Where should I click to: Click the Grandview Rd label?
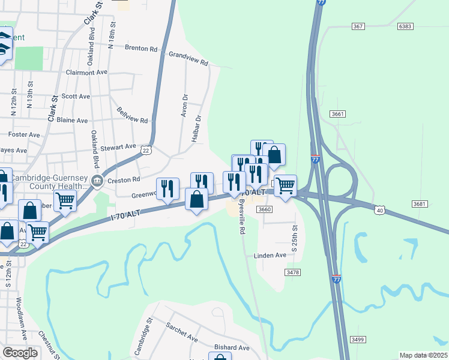[x=188, y=58]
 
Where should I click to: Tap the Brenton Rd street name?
[x=140, y=48]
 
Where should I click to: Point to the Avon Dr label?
[x=185, y=105]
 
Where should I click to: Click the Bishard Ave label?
[x=232, y=347]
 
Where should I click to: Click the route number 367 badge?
[x=358, y=26]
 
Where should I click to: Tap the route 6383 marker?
[x=405, y=26]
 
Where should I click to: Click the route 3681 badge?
[x=420, y=205]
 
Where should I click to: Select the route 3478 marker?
[x=293, y=272]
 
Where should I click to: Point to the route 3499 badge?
[x=358, y=340]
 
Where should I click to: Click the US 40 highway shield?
[x=379, y=209]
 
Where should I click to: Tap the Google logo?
[x=20, y=353]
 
